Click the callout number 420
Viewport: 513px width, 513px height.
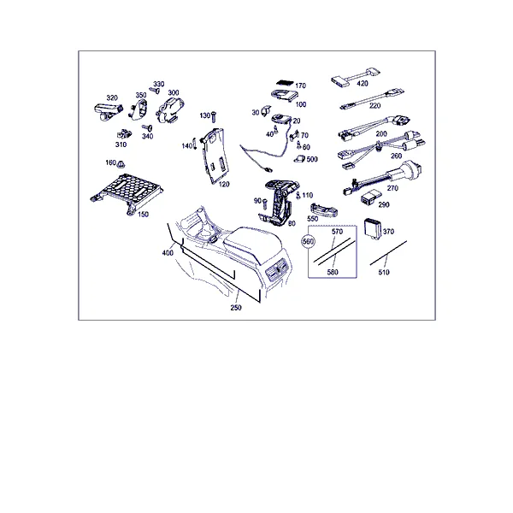click(363, 84)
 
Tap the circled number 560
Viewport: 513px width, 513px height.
click(308, 241)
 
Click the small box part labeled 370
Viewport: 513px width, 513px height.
click(373, 228)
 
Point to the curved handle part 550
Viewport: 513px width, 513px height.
click(324, 210)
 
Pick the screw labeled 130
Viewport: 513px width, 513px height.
click(215, 117)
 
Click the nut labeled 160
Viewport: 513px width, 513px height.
click(121, 163)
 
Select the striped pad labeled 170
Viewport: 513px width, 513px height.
click(285, 84)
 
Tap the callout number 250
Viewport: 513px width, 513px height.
click(236, 308)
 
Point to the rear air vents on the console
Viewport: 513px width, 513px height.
click(278, 270)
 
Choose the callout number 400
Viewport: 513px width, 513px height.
click(168, 252)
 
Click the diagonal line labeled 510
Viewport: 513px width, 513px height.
click(388, 253)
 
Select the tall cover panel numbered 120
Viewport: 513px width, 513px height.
click(215, 156)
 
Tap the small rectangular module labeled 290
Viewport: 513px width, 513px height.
click(370, 197)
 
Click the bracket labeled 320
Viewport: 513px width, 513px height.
click(108, 111)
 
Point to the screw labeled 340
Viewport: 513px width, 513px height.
click(147, 127)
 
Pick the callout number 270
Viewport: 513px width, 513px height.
click(392, 188)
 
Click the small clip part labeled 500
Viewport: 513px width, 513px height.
click(299, 159)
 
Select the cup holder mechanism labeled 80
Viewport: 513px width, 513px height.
click(279, 203)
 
